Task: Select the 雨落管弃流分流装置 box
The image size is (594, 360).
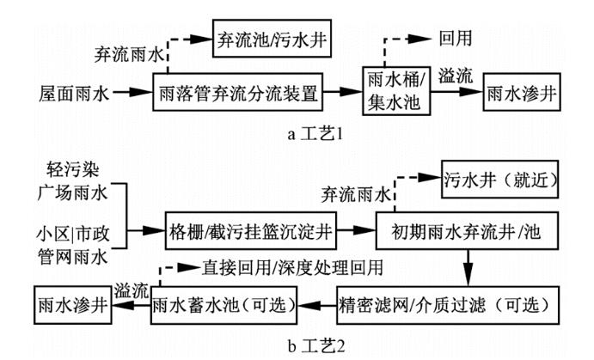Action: [244, 89]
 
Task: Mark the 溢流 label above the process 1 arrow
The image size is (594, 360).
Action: [454, 76]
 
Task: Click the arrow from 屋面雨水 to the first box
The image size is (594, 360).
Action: [131, 89]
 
